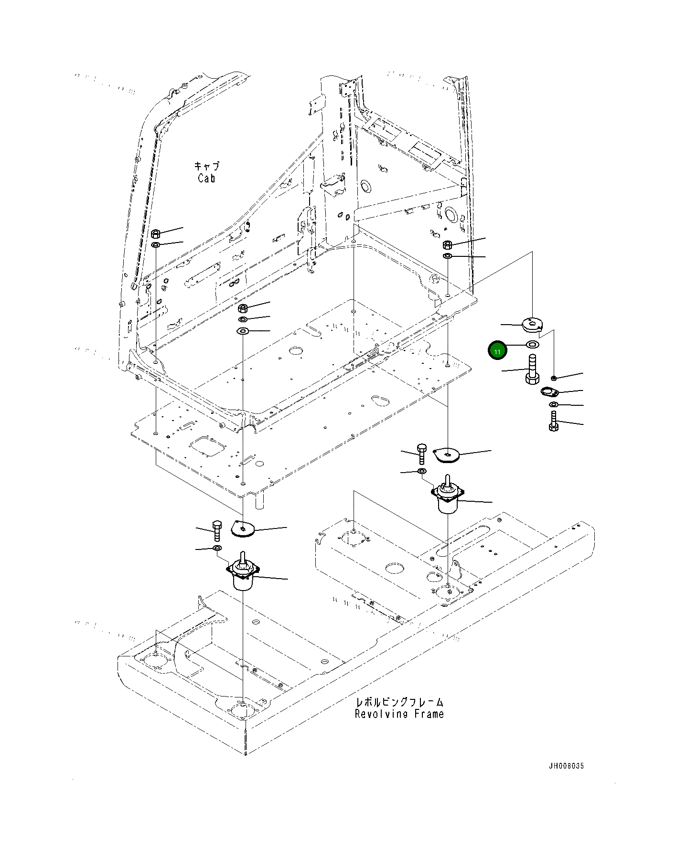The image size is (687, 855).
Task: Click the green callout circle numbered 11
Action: [x=497, y=351]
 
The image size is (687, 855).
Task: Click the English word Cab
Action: [x=206, y=178]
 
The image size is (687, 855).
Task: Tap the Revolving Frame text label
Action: [x=399, y=714]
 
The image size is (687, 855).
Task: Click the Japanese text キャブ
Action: [x=207, y=166]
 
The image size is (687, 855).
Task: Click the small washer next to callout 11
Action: [x=532, y=344]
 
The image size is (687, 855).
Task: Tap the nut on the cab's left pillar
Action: [x=155, y=234]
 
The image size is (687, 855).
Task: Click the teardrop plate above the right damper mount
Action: [x=446, y=455]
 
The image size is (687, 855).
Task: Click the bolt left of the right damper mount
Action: [x=421, y=454]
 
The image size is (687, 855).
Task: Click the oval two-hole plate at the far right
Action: [x=549, y=392]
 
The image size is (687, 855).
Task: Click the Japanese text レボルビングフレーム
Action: [x=399, y=702]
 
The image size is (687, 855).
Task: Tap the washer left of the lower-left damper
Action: [x=216, y=547]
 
